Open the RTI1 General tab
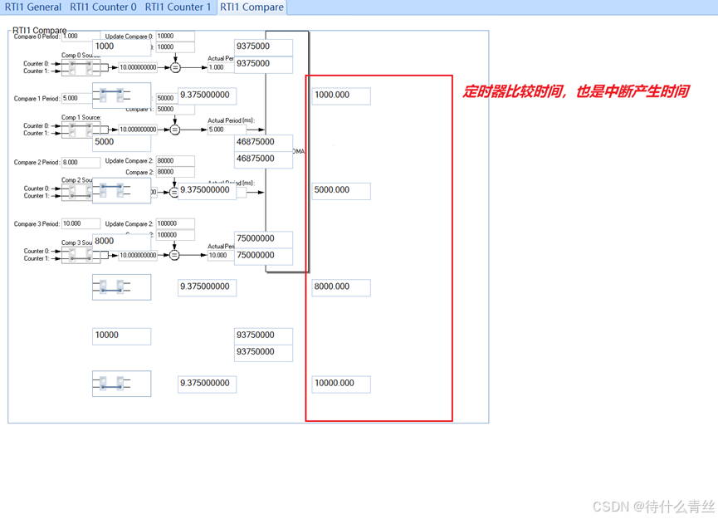pyautogui.click(x=32, y=7)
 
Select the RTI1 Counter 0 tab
pyautogui.click(x=103, y=7)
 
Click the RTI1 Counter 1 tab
pyautogui.click(x=178, y=7)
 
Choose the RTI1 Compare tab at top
pyautogui.click(x=252, y=7)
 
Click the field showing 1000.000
pyautogui.click(x=340, y=95)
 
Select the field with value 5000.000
pyautogui.click(x=340, y=190)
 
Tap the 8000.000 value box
pyautogui.click(x=340, y=287)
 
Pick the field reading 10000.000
pyautogui.click(x=340, y=384)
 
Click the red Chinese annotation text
pyautogui.click(x=575, y=91)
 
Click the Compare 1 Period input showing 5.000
pyautogui.click(x=81, y=99)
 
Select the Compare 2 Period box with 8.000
pyautogui.click(x=81, y=163)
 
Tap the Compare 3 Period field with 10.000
pyautogui.click(x=81, y=224)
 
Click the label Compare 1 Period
pyautogui.click(x=37, y=99)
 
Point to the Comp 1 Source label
pyautogui.click(x=81, y=118)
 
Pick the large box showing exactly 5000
pyautogui.click(x=120, y=142)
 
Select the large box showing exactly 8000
pyautogui.click(x=120, y=242)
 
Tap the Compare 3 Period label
pyautogui.click(x=37, y=224)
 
